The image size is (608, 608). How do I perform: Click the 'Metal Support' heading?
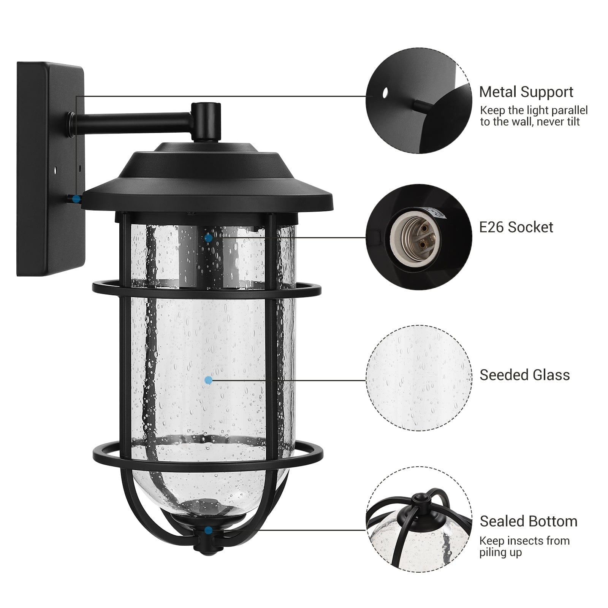[x=526, y=92]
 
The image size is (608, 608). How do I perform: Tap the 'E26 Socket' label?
[x=516, y=227]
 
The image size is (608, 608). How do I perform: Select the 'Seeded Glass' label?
[x=524, y=375]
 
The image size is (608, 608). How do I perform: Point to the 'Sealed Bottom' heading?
[x=528, y=521]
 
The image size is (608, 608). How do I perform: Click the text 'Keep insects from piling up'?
[x=524, y=546]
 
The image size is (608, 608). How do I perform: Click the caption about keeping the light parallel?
[x=534, y=116]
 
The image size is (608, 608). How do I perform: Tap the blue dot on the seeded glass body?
[x=208, y=380]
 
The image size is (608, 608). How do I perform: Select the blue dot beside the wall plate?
[x=76, y=198]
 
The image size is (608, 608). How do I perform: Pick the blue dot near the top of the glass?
[x=208, y=238]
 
